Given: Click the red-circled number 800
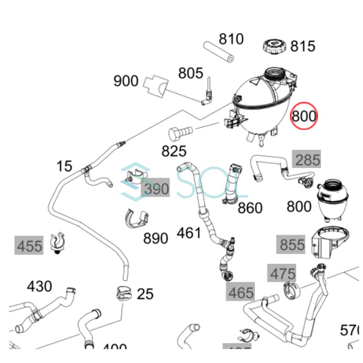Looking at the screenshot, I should [304, 116].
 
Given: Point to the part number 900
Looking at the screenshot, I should [126, 81].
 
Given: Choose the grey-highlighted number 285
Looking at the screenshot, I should [307, 160].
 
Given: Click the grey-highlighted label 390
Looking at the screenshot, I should [156, 188].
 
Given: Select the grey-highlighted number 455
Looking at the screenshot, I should [29, 245].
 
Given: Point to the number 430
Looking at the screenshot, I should [40, 286].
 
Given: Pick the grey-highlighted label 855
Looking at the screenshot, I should [292, 244].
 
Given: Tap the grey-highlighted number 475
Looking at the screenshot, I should [283, 274].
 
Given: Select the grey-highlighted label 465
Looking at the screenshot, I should [241, 292].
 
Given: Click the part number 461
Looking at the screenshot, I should [189, 233].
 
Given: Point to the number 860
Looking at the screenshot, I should [250, 208].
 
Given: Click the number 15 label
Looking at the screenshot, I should [64, 166].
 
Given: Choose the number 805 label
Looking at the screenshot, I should [191, 73].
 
